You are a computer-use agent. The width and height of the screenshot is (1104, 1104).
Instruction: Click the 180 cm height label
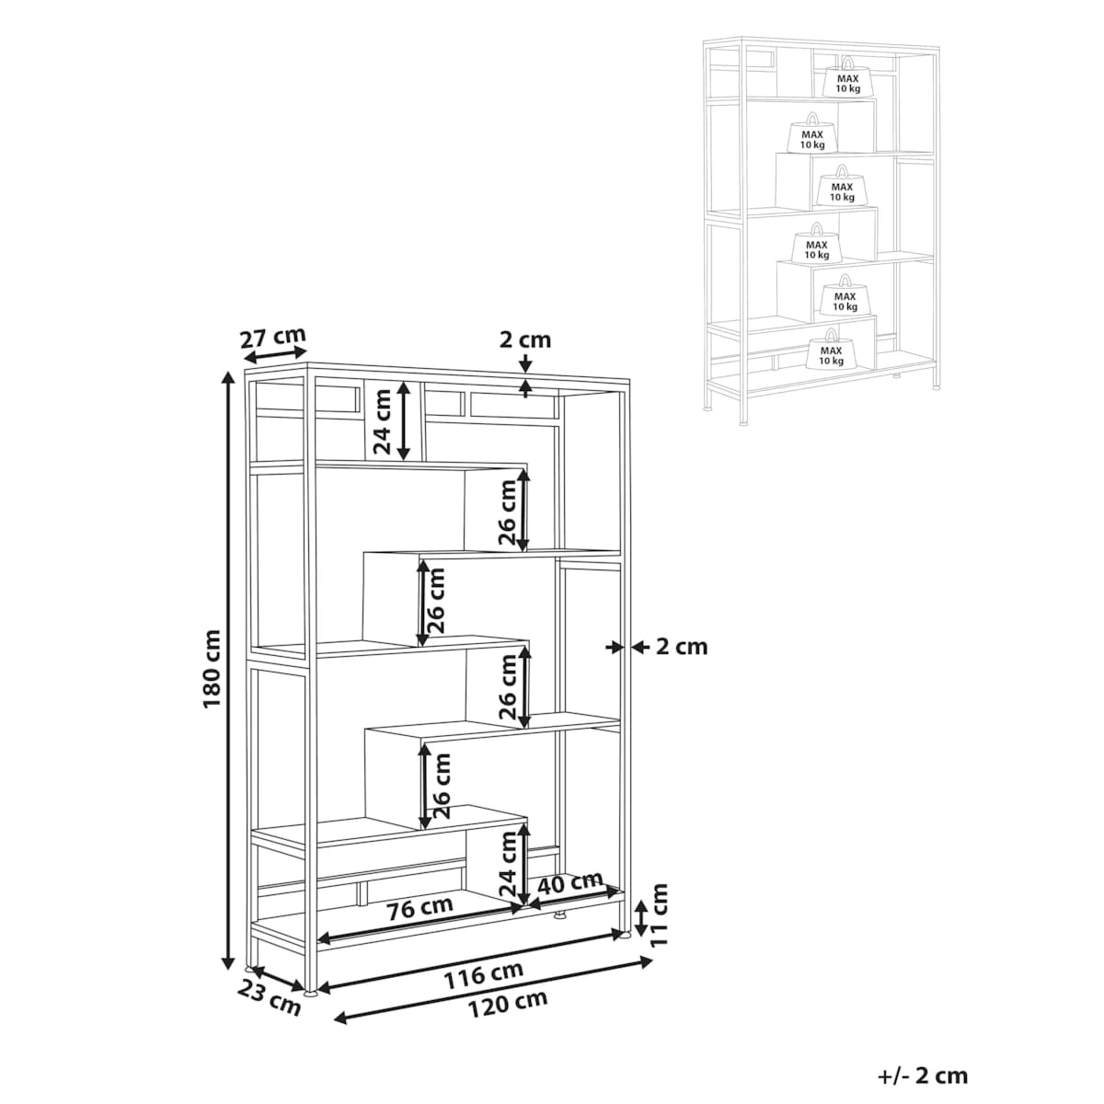(x=212, y=669)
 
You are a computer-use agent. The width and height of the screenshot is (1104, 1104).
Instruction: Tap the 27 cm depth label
(x=272, y=338)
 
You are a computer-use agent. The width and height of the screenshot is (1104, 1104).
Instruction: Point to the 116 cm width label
(x=484, y=974)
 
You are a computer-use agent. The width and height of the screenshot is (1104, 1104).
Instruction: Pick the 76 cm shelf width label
(x=420, y=908)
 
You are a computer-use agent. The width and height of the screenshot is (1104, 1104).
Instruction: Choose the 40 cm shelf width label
(x=570, y=882)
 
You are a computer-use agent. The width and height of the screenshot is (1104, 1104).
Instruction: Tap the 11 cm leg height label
(x=660, y=914)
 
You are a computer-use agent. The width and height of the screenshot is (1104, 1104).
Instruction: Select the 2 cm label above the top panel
(x=524, y=339)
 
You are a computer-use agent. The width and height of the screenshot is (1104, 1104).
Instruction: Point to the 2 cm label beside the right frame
(x=681, y=647)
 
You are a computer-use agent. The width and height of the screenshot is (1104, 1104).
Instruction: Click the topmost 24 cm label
(x=382, y=421)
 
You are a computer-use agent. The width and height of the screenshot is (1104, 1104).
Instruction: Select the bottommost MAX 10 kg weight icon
(x=832, y=349)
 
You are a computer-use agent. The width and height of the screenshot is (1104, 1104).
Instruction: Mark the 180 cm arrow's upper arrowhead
(x=228, y=378)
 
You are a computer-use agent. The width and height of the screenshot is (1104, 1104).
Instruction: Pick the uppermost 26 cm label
(x=508, y=512)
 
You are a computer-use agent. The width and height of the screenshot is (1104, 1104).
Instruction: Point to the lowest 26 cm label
(x=442, y=786)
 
